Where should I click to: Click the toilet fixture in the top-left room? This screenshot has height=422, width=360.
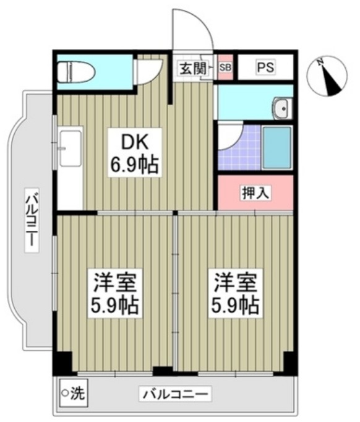coord(75,73)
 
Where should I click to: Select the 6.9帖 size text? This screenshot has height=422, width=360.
coord(133,165)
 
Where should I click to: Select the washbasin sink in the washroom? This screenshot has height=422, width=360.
coord(282,110)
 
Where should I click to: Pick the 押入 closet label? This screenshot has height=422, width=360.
coord(255,194)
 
